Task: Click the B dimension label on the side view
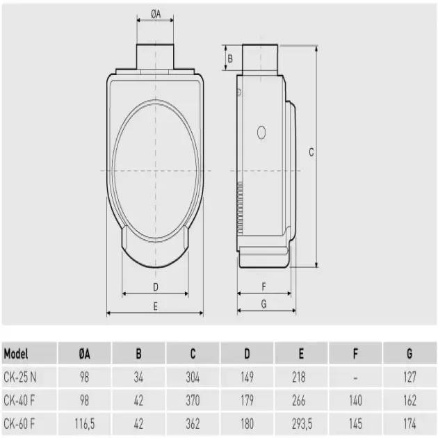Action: pyautogui.click(x=230, y=58)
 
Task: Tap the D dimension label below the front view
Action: pyautogui.click(x=156, y=286)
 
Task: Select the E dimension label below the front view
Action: pyautogui.click(x=155, y=305)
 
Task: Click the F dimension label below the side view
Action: pyautogui.click(x=263, y=286)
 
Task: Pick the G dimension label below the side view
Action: pyautogui.click(x=263, y=303)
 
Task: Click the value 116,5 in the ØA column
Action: pyautogui.click(x=84, y=423)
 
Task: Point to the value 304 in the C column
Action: pyautogui.click(x=193, y=377)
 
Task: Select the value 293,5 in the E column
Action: pyautogui.click(x=300, y=423)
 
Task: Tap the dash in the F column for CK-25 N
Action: pyautogui.click(x=355, y=377)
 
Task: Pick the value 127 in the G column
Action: pyautogui.click(x=409, y=377)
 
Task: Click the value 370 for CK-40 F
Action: pyautogui.click(x=193, y=400)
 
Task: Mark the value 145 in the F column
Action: pyautogui.click(x=355, y=423)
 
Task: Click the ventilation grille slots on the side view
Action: pyautogui.click(x=240, y=209)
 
